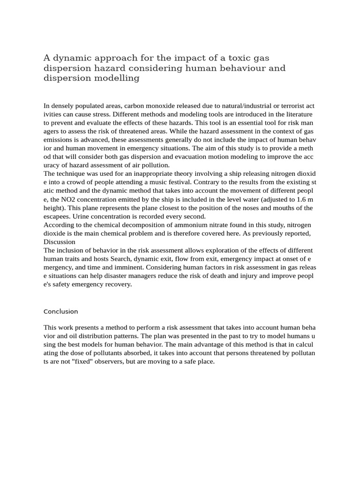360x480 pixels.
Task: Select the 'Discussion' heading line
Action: (59, 241)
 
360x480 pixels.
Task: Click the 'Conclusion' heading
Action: (60, 311)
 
